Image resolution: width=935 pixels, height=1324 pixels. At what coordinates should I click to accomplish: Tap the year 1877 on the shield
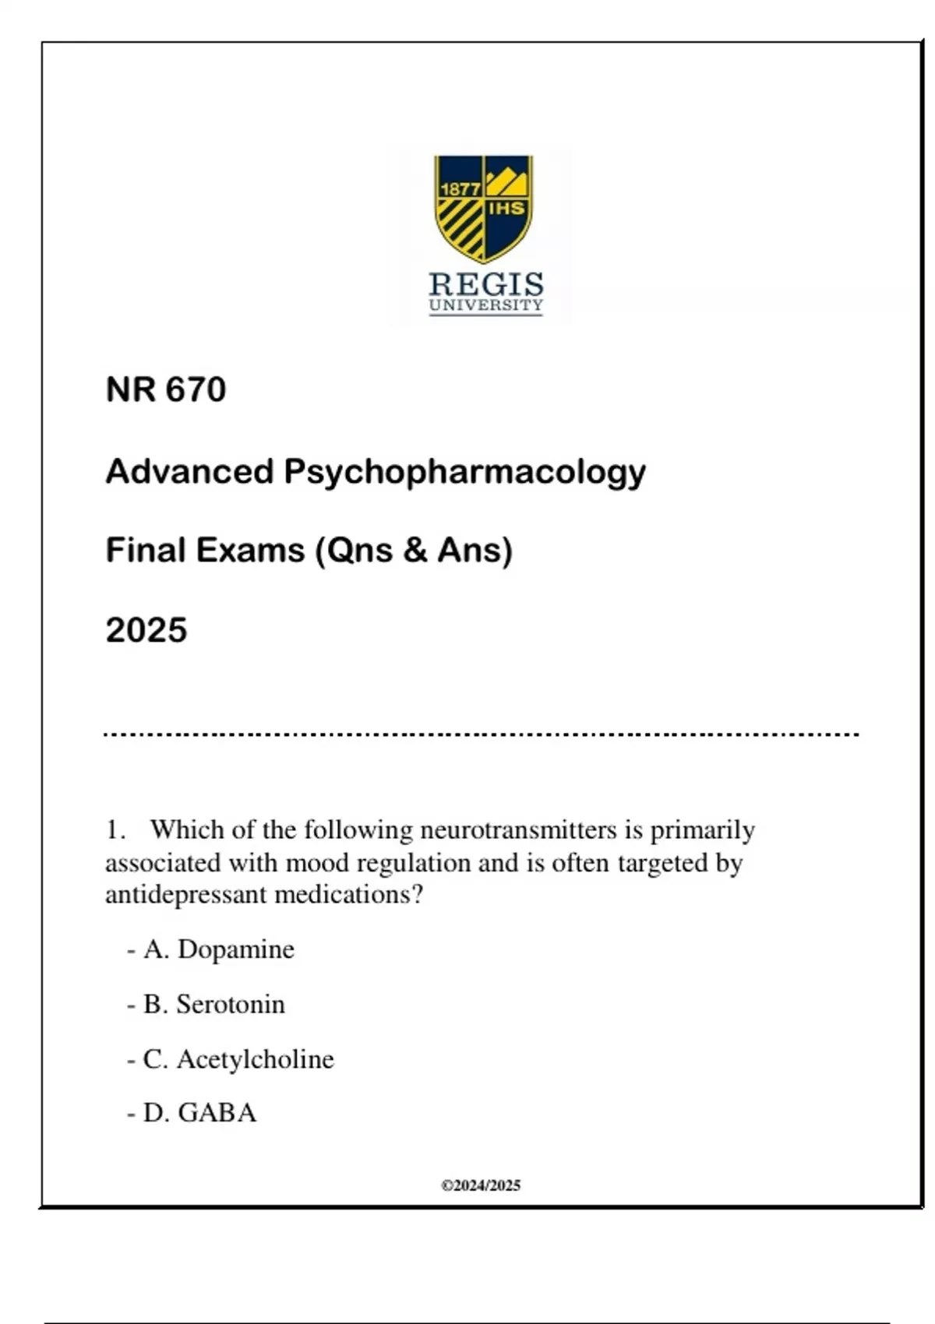460,189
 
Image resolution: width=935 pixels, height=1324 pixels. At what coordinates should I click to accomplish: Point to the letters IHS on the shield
506,209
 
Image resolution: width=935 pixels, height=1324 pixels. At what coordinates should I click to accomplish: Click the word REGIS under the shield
486,284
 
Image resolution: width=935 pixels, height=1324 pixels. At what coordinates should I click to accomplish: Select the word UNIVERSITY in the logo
485,305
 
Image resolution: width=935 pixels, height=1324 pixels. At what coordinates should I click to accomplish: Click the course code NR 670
166,389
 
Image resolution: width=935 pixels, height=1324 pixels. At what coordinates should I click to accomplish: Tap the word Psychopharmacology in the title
464,472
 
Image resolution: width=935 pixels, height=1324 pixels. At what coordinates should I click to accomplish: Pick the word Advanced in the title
189,471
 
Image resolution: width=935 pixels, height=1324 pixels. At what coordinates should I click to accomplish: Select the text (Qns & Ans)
414,551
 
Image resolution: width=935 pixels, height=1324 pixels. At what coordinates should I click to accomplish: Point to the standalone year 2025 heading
146,630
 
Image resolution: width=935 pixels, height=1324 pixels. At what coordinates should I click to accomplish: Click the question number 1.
115,830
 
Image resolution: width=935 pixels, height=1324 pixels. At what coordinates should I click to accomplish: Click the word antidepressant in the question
187,894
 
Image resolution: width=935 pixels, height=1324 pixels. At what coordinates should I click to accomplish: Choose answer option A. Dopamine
219,949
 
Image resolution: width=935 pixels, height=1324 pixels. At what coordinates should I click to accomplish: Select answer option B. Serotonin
214,1005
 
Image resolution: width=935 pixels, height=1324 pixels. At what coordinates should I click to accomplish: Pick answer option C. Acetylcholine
238,1059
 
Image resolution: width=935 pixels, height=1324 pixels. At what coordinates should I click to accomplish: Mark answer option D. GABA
199,1113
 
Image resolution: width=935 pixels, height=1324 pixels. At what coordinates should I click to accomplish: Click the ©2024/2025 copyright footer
481,1185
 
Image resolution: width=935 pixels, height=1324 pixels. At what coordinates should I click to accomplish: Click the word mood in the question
317,863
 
